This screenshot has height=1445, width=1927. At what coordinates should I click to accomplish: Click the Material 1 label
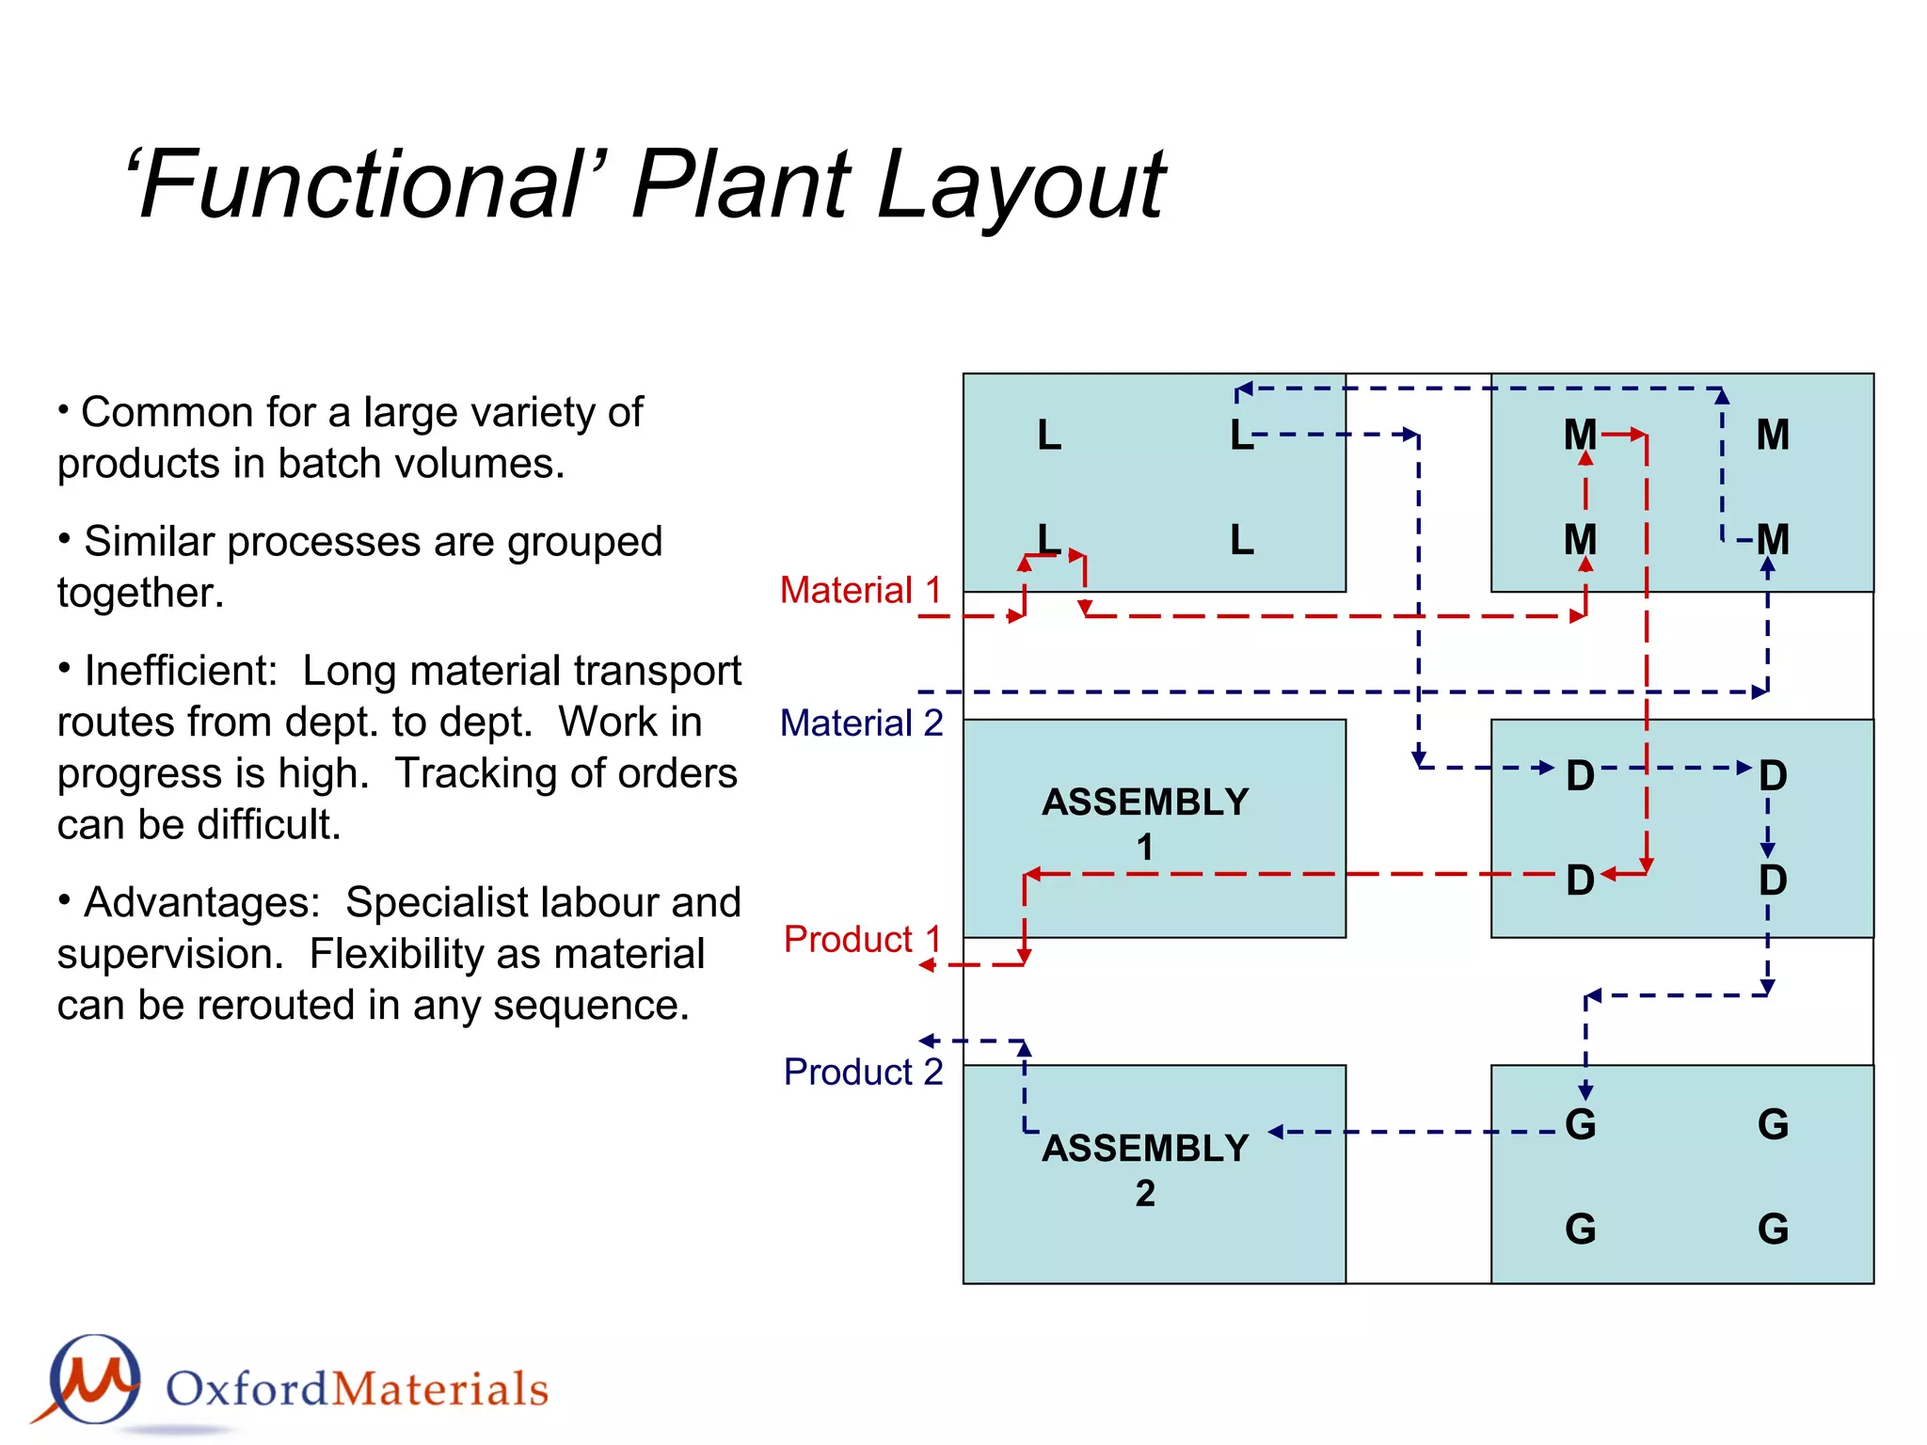click(861, 591)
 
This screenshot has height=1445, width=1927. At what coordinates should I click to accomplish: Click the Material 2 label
click(861, 723)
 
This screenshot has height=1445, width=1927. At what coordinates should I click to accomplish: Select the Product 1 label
click(862, 939)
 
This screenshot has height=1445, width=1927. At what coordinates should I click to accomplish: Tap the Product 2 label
click(863, 1072)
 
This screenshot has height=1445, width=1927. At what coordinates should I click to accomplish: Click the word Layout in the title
click(1021, 185)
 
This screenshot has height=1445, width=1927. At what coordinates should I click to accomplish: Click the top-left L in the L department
click(1049, 436)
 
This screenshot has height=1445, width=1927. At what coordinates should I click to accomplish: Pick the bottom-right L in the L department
click(1242, 540)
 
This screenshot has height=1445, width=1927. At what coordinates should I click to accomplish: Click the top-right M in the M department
click(1773, 436)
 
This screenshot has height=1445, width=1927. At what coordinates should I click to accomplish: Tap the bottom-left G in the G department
click(1580, 1229)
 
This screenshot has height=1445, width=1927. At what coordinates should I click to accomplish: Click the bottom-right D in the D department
click(1773, 881)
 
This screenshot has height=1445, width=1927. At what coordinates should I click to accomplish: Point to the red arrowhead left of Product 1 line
click(927, 965)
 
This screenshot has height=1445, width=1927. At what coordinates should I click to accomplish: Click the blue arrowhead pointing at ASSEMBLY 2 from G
click(1276, 1132)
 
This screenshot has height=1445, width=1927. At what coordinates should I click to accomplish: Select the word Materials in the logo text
click(440, 1389)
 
